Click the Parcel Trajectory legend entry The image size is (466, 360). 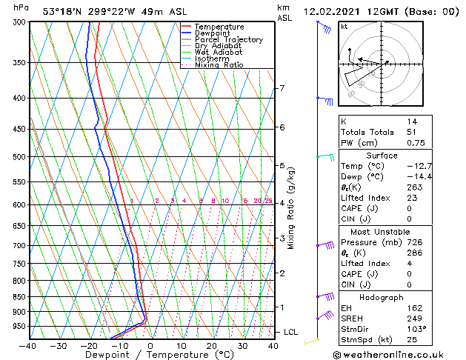[x=228, y=39]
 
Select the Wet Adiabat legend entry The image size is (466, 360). [x=219, y=52]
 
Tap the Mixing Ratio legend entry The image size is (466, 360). [x=219, y=65]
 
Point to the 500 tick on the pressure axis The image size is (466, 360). [x=19, y=157]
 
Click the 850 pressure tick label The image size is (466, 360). [x=19, y=296]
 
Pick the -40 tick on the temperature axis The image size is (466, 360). [x=28, y=345]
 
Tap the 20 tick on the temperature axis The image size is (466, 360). [x=212, y=345]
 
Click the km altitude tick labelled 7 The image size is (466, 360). [x=282, y=89]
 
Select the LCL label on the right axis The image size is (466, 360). [x=290, y=332]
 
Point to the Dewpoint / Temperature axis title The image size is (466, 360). [x=150, y=355]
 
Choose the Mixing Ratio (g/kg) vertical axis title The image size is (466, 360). [x=291, y=208]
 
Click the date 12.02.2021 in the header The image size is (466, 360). [x=333, y=12]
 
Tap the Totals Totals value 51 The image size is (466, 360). [x=412, y=132]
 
